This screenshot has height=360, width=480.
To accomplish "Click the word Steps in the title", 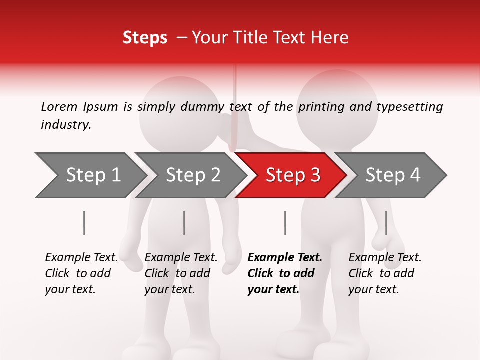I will pyautogui.click(x=145, y=37).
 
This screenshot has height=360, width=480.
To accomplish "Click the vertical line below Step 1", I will pyautogui.click(x=84, y=223).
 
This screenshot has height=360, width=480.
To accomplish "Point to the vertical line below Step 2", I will pyautogui.click(x=184, y=223).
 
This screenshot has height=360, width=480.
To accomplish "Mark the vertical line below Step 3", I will pyautogui.click(x=285, y=223).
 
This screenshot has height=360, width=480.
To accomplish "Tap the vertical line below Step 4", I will pyautogui.click(x=386, y=223).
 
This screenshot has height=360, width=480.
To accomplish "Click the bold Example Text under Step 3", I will pyautogui.click(x=285, y=258).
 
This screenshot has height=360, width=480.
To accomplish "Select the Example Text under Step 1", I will pyautogui.click(x=81, y=258).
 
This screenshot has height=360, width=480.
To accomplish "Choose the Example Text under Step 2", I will pyautogui.click(x=181, y=258).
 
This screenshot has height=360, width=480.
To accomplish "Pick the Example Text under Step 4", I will pyautogui.click(x=385, y=258).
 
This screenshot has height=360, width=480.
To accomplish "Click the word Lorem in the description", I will pyautogui.click(x=59, y=106).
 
